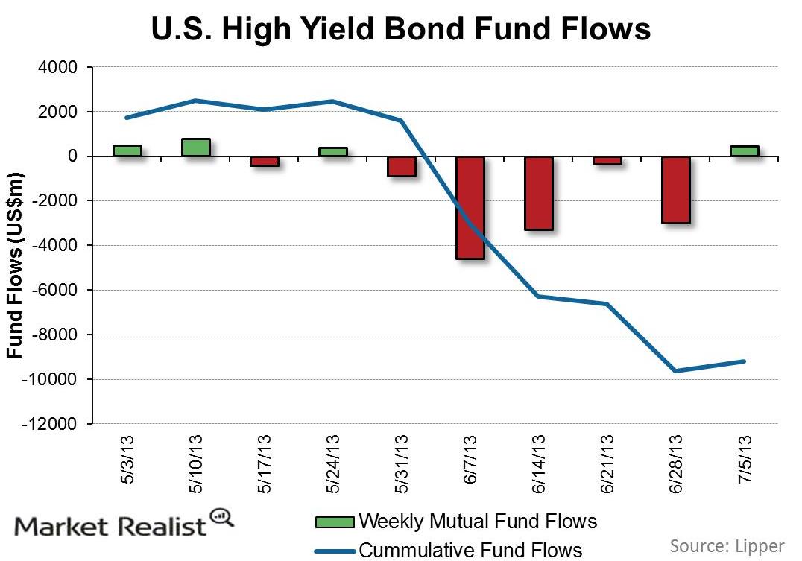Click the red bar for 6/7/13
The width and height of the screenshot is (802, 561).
click(470, 207)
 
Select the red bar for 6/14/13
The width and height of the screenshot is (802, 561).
click(538, 193)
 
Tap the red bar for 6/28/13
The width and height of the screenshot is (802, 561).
click(675, 189)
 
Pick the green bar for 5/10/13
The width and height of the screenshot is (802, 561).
click(195, 148)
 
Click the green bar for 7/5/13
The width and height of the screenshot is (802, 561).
click(744, 151)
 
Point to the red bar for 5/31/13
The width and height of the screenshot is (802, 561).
click(401, 166)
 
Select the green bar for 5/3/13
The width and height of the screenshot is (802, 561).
click(127, 150)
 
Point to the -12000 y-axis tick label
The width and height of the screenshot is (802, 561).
click(54, 424)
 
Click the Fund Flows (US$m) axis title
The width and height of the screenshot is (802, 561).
click(15, 265)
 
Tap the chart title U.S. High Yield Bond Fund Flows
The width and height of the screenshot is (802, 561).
click(401, 29)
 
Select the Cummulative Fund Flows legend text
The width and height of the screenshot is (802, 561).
click(470, 550)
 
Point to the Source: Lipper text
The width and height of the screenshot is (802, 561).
click(727, 546)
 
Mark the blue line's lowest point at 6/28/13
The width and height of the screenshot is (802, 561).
click(675, 371)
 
